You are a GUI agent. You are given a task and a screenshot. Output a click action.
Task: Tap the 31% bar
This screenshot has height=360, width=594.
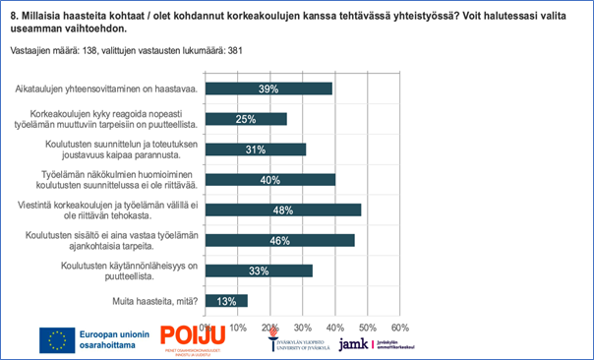pos(256,149)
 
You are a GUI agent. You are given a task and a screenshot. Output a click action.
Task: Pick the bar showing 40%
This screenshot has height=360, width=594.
pos(270,179)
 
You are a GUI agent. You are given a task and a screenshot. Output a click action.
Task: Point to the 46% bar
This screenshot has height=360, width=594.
pos(280,239)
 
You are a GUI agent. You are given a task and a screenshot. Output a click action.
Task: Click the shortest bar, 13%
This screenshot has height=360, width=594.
pos(226,300)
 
